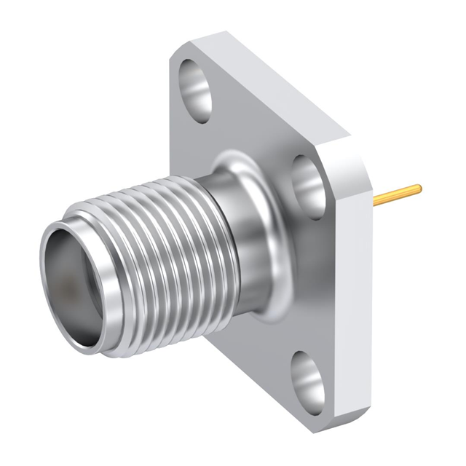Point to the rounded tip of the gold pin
(x=419, y=189)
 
